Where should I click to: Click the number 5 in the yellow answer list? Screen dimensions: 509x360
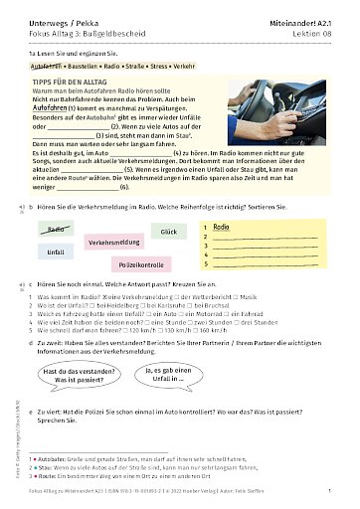click(x=206, y=266)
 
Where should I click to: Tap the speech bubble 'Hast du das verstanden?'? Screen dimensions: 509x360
click(x=75, y=376)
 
